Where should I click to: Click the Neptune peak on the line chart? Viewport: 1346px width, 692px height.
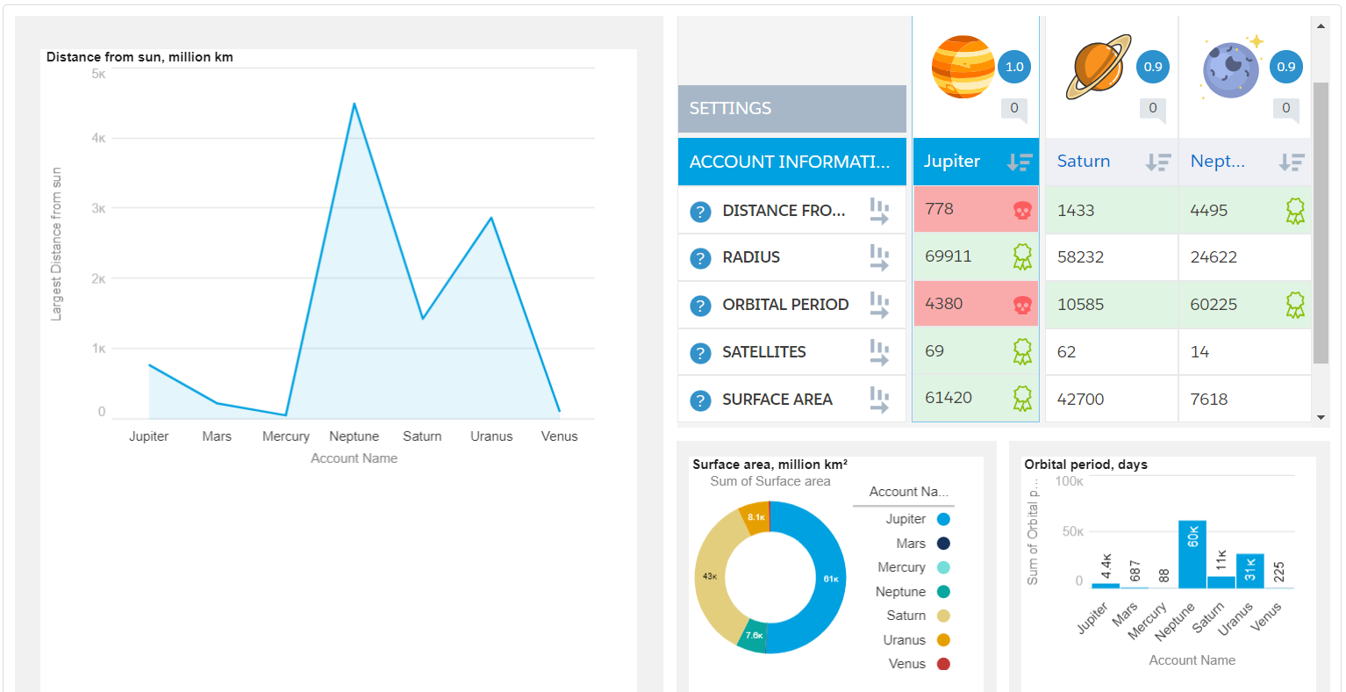[x=354, y=104]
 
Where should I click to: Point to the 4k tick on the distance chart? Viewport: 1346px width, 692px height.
[x=98, y=138]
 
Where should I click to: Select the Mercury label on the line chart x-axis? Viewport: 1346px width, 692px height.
[x=285, y=436]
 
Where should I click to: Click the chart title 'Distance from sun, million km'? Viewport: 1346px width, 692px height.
[x=140, y=57]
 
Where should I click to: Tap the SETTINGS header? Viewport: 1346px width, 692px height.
[x=792, y=108]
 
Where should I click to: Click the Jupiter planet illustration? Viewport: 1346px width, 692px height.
[x=963, y=67]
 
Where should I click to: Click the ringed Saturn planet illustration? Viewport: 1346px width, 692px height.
[x=1099, y=67]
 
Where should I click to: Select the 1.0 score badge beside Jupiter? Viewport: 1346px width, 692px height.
[x=1014, y=67]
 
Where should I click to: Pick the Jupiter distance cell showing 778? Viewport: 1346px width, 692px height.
[x=976, y=209]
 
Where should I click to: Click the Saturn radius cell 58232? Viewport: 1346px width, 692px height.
[x=1112, y=257]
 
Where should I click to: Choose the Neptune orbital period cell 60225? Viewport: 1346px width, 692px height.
[x=1244, y=304]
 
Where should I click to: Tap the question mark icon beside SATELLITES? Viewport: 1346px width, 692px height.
[x=700, y=353]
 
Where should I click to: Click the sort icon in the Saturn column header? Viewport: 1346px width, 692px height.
[x=1157, y=162]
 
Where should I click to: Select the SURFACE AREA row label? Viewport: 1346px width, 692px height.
[x=777, y=400]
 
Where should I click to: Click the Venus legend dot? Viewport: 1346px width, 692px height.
[x=943, y=664]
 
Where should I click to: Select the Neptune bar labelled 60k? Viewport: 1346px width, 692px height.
[x=1192, y=554]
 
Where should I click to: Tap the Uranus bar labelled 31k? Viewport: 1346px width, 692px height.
[x=1249, y=571]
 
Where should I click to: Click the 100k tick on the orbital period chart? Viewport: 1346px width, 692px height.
[x=1069, y=481]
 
